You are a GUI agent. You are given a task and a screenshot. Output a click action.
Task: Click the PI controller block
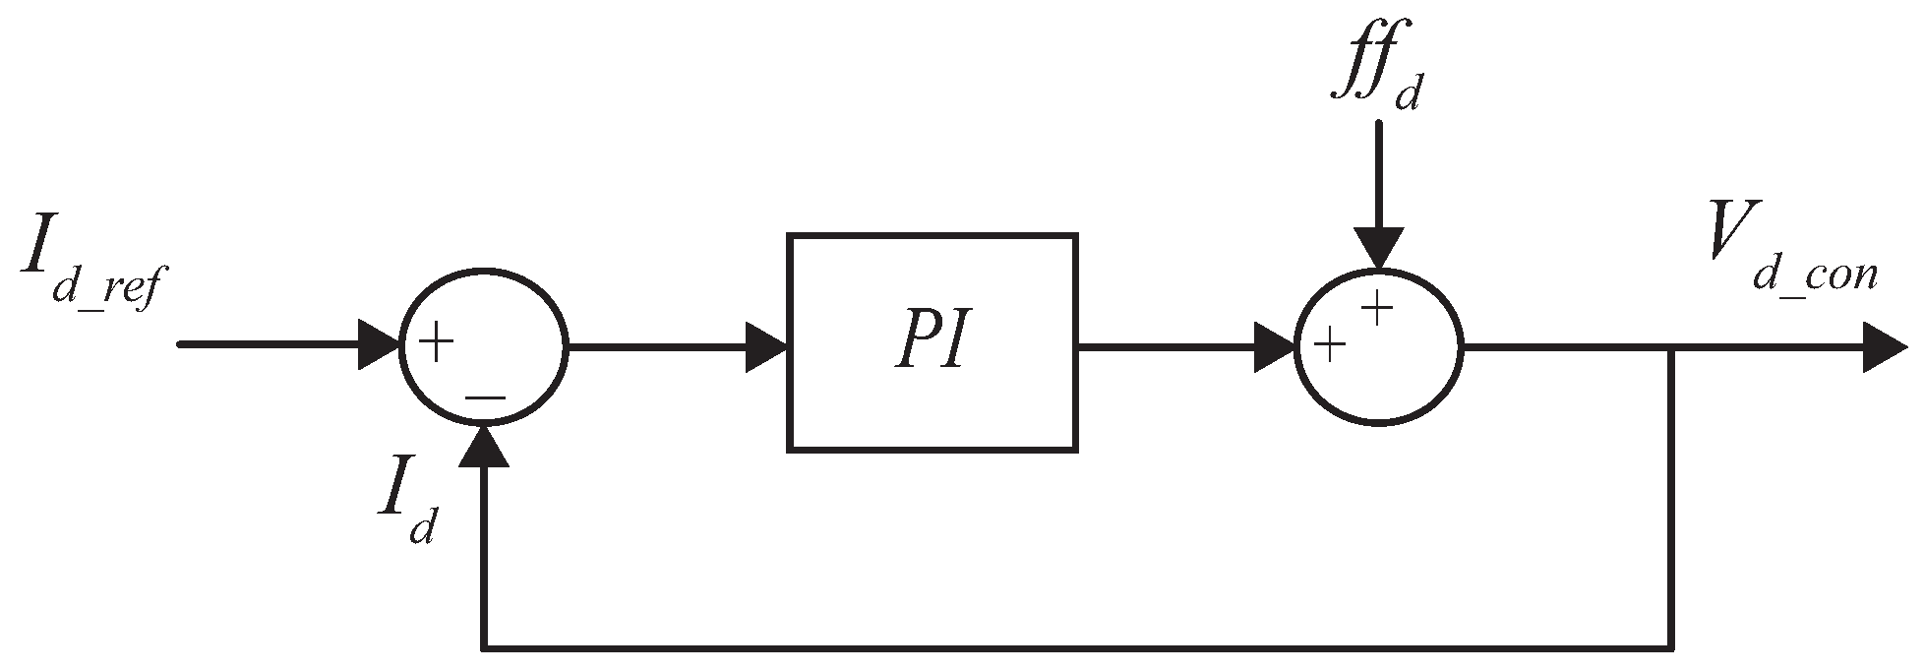[x=932, y=342]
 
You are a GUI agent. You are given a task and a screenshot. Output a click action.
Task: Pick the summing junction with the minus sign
[x=483, y=345]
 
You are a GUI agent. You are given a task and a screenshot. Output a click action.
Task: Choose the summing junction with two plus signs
[x=1378, y=345]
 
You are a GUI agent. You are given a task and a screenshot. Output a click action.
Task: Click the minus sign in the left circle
[x=485, y=396]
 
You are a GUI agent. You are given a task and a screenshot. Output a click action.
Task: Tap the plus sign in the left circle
[x=436, y=342]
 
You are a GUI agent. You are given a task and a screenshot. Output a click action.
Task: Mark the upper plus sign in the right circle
[x=1378, y=309]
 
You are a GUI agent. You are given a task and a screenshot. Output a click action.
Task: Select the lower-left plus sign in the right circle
[x=1329, y=345]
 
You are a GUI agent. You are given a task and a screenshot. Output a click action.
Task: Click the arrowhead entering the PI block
[x=766, y=346]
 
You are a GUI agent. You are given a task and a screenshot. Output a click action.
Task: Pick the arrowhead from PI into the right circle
[x=1275, y=346]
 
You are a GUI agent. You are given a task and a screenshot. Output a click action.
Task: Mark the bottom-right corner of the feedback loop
[x=1671, y=648]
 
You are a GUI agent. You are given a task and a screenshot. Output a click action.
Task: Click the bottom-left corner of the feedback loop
[x=483, y=648]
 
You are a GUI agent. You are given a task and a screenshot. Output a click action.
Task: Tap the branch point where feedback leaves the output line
[x=1671, y=346]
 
